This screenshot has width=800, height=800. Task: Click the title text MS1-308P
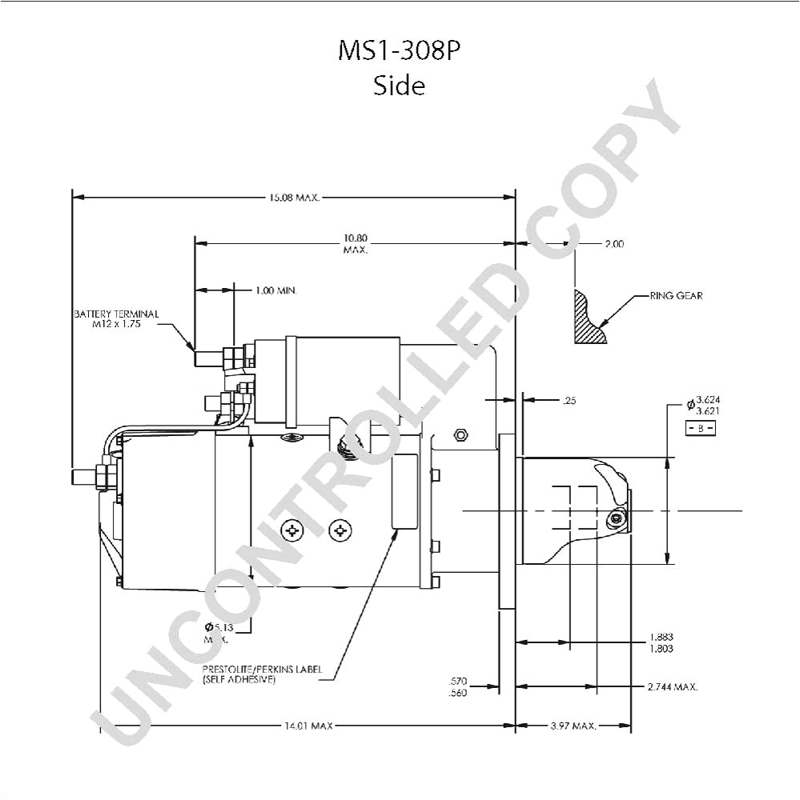click(x=399, y=50)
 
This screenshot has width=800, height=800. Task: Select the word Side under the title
click(x=399, y=85)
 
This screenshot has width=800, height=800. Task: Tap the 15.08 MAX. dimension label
click(x=294, y=197)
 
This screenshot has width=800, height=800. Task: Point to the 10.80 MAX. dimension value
click(x=355, y=243)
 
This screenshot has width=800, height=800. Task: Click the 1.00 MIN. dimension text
click(x=276, y=290)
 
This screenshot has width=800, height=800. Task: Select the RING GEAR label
click(x=676, y=296)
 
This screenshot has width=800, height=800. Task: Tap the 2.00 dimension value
click(x=613, y=244)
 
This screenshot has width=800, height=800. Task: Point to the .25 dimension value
click(x=569, y=401)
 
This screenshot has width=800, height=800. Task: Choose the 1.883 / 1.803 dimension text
click(x=661, y=643)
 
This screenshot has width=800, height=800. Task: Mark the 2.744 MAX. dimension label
click(x=673, y=686)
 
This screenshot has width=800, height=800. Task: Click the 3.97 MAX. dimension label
click(x=573, y=726)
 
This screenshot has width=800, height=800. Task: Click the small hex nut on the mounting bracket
click(x=460, y=435)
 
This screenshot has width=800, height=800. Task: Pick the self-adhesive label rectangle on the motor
click(x=404, y=491)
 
